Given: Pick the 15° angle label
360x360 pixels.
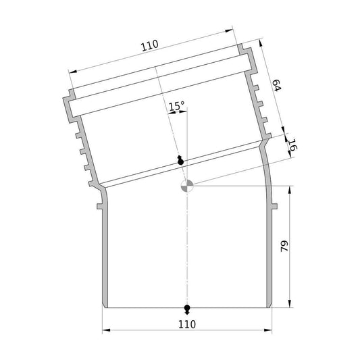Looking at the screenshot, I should [x=176, y=106].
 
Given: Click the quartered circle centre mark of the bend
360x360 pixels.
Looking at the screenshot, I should [x=187, y=186].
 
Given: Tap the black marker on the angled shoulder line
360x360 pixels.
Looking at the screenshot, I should [x=180, y=161].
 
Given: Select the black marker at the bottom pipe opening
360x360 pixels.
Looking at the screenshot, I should [x=187, y=309].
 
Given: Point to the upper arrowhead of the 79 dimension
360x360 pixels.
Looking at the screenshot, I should [x=290, y=189].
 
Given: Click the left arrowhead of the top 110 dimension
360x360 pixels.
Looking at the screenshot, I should [x=71, y=71].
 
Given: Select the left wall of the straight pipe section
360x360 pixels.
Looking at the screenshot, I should [x=105, y=257].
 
